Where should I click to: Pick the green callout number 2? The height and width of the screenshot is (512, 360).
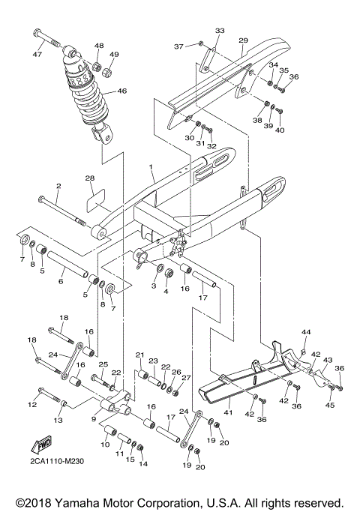(57, 184)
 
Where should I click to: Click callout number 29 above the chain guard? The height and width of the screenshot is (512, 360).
(243, 40)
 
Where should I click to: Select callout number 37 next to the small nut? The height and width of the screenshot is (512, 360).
(178, 46)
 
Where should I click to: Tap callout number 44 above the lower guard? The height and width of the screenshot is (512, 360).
(305, 331)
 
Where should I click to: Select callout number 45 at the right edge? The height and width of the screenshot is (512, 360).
(331, 406)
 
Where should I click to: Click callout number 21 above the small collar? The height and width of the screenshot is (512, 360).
(139, 354)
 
